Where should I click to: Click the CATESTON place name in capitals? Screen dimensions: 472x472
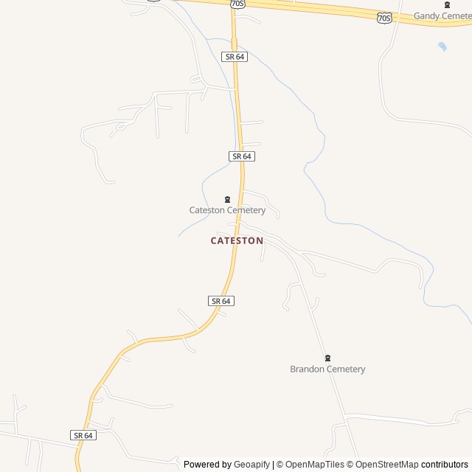pyautogui.click(x=237, y=240)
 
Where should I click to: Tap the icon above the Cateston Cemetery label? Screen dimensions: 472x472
pyautogui.click(x=227, y=199)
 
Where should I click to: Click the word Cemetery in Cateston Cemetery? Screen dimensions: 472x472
pyautogui.click(x=246, y=210)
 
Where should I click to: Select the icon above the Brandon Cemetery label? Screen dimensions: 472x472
pyautogui.click(x=327, y=358)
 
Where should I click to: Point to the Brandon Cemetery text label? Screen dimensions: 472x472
pyautogui.click(x=327, y=369)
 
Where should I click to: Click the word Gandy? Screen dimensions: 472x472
pyautogui.click(x=426, y=15)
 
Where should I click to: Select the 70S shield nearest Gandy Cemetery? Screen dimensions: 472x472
pyautogui.click(x=383, y=16)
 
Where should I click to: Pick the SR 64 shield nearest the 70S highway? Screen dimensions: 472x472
pyautogui.click(x=234, y=56)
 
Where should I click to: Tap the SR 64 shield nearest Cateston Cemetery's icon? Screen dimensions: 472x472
pyautogui.click(x=242, y=156)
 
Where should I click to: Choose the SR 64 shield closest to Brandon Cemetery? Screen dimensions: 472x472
pyautogui.click(x=221, y=301)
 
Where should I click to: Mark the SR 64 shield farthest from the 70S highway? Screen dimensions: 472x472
pyautogui.click(x=83, y=435)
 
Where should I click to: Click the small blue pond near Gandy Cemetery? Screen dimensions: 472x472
pyautogui.click(x=442, y=46)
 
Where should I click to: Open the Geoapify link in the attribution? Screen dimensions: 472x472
pyautogui.click(x=252, y=465)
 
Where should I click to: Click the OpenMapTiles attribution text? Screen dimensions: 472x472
pyautogui.click(x=315, y=465)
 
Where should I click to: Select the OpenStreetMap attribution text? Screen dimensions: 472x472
pyautogui.click(x=387, y=465)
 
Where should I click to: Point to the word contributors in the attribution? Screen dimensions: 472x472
pyautogui.click(x=445, y=465)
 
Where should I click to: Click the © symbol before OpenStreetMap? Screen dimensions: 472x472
pyautogui.click(x=351, y=465)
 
